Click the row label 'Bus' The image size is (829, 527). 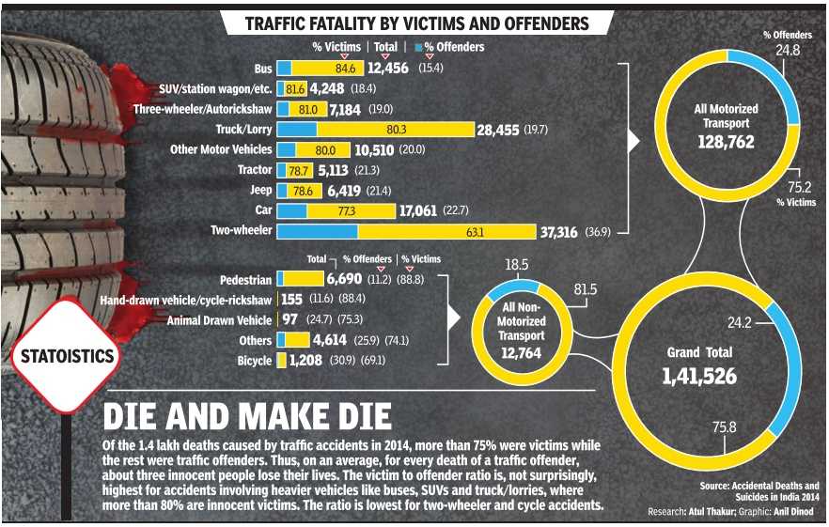point(263,69)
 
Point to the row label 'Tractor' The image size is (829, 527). point(256,170)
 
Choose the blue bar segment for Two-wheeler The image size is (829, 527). point(318,230)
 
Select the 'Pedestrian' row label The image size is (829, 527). point(246,280)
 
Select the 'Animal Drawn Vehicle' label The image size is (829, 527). point(219,320)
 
